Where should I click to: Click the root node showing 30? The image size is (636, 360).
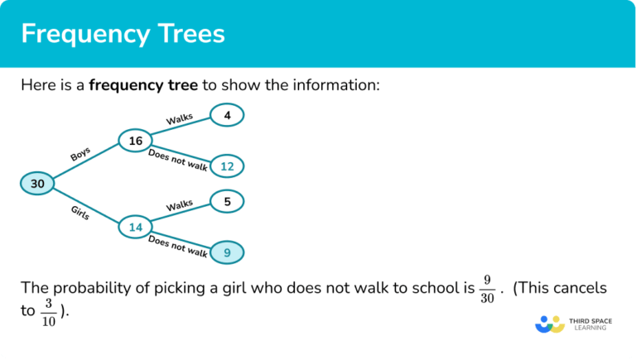click(x=38, y=184)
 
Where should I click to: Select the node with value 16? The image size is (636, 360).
click(x=136, y=142)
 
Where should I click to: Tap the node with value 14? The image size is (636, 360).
click(x=136, y=225)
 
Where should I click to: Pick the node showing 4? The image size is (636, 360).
click(x=227, y=116)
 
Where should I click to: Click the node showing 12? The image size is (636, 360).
click(x=227, y=166)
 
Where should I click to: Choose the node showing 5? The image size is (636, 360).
click(x=227, y=200)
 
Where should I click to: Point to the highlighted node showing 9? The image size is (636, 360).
click(x=227, y=252)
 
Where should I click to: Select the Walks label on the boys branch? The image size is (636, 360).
click(x=179, y=120)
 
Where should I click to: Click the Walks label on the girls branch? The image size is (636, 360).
click(x=179, y=204)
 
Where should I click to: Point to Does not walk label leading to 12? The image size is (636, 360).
click(x=177, y=160)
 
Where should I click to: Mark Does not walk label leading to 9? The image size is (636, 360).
click(x=177, y=246)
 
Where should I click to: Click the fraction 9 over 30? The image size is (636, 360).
click(x=487, y=289)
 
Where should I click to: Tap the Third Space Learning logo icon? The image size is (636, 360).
click(x=549, y=324)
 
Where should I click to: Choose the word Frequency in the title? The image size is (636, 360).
click(x=79, y=34)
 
